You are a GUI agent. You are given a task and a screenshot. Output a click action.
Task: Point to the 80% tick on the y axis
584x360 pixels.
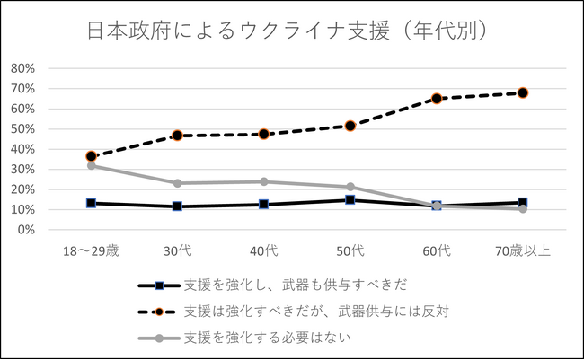[x=23, y=68]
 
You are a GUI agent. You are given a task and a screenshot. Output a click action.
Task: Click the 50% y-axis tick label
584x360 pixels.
[x=23, y=129]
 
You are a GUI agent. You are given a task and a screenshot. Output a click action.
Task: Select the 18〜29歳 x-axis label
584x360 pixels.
[x=91, y=251]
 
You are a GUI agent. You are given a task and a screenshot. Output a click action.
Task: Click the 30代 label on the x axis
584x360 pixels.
[x=177, y=251]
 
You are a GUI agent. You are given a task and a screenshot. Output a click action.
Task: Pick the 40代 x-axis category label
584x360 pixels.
[x=263, y=251]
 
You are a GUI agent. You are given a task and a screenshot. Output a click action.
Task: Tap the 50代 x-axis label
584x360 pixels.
[x=350, y=251]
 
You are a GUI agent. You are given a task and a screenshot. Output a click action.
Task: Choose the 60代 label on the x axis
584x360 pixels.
[x=436, y=251]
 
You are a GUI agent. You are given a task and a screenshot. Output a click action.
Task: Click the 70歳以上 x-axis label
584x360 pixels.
[x=522, y=251]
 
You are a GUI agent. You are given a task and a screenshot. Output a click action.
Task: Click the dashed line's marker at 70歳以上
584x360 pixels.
[x=522, y=92]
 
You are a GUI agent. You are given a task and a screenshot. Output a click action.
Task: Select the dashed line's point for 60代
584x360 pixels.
[x=437, y=99]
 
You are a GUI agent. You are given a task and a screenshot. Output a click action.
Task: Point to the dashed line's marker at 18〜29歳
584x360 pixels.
[x=92, y=156]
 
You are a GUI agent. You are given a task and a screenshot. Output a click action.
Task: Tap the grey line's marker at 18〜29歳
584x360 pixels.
[x=92, y=165]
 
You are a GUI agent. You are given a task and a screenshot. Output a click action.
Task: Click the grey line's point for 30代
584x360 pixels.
[x=178, y=183]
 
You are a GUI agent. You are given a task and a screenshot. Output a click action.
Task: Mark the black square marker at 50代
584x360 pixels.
[x=350, y=200]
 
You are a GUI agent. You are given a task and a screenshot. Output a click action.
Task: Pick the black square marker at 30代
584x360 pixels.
[x=178, y=206]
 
